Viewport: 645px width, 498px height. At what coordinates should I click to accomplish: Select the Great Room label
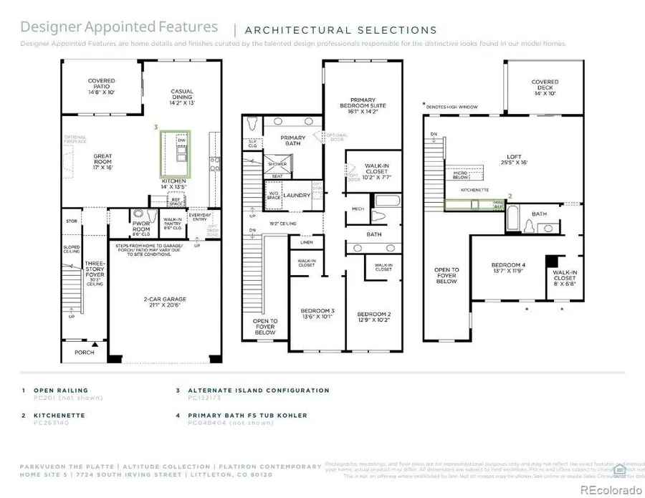(102, 161)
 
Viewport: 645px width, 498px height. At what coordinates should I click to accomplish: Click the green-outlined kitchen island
(176, 153)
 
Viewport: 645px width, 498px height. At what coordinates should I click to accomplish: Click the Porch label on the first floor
(85, 353)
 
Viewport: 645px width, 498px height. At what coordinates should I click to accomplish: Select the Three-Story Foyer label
(95, 272)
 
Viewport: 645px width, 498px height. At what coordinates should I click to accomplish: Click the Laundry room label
(296, 195)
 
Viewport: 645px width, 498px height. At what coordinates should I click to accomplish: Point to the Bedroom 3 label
(316, 314)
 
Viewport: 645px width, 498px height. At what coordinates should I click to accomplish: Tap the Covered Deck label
(545, 87)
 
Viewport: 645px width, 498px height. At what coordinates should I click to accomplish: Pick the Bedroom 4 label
(506, 267)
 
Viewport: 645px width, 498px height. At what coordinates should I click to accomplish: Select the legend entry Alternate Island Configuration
(258, 391)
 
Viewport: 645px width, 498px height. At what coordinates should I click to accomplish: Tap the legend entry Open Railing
(61, 391)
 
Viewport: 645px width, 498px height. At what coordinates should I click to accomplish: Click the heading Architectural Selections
(340, 30)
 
